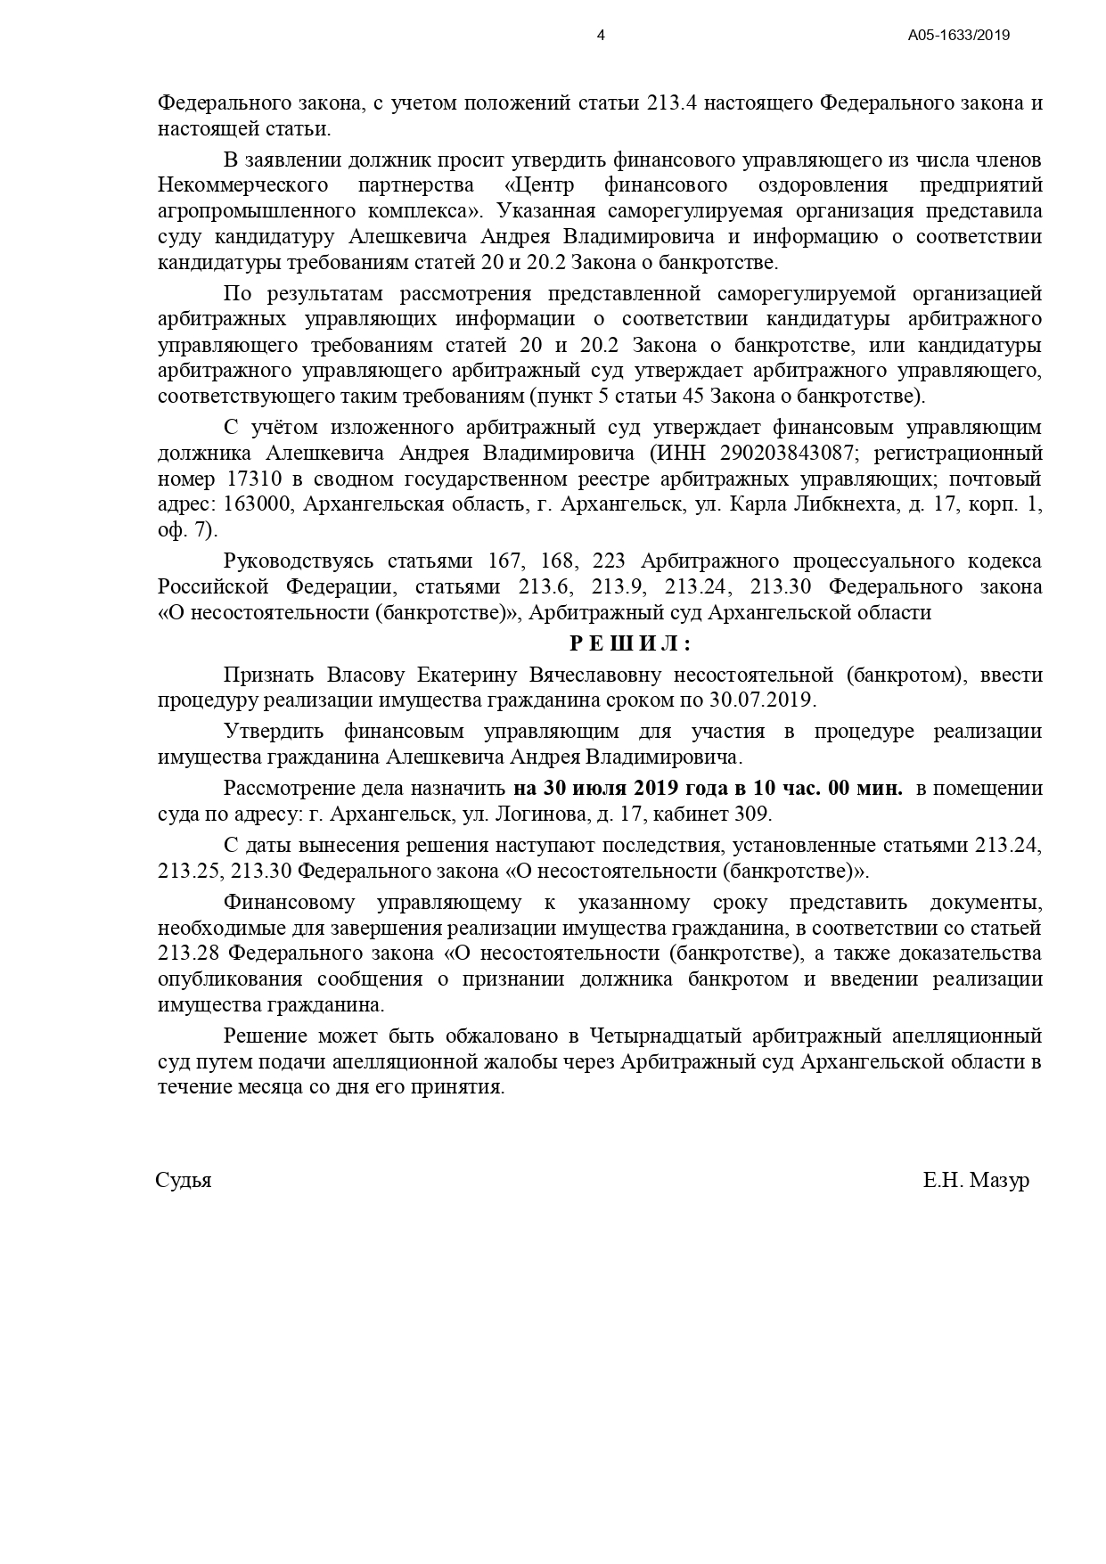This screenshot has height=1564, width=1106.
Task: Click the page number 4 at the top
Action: pyautogui.click(x=601, y=36)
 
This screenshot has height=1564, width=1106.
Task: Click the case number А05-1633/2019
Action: pyautogui.click(x=958, y=36)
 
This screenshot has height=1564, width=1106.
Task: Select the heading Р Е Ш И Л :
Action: pyautogui.click(x=629, y=643)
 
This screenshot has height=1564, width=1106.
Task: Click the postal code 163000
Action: pyautogui.click(x=259, y=505)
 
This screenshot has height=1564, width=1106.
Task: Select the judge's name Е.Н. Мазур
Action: pyautogui.click(x=976, y=1181)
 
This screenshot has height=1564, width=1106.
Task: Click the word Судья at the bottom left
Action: pyautogui.click(x=184, y=1181)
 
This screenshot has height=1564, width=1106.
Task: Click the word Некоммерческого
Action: pyautogui.click(x=242, y=186)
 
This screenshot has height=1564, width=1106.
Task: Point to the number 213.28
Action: pyautogui.click(x=188, y=954)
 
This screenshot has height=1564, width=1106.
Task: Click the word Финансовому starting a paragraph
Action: pyautogui.click(x=289, y=902)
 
